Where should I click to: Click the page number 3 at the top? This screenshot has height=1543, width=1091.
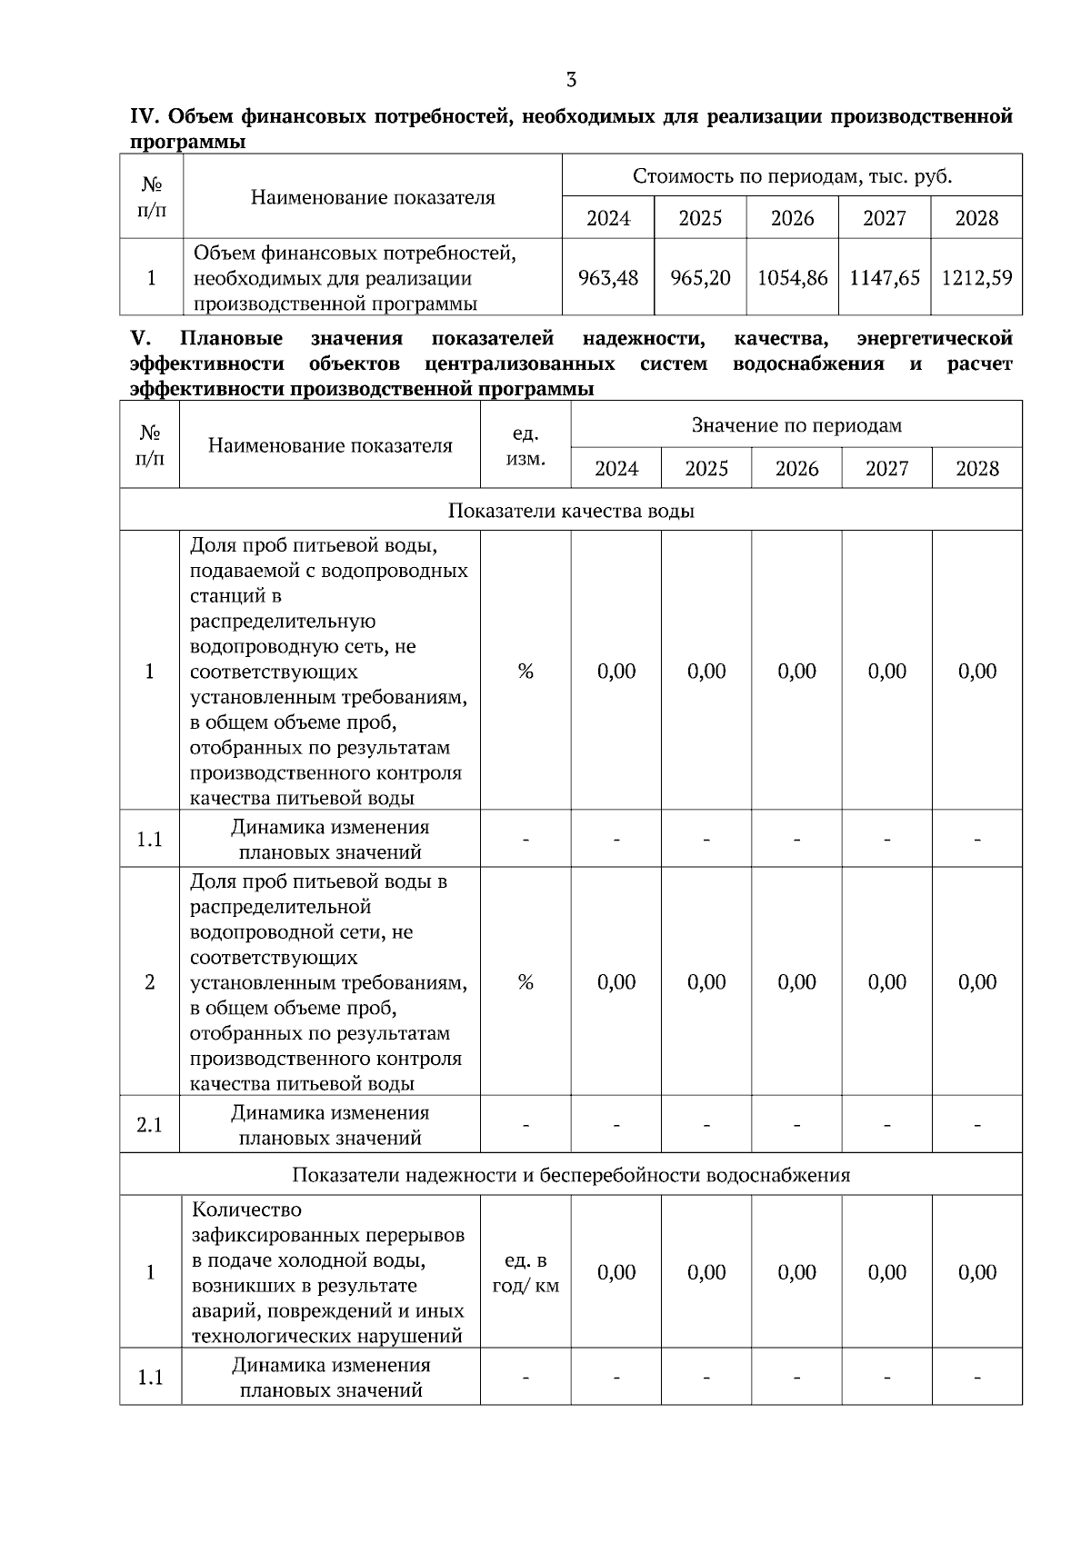(571, 80)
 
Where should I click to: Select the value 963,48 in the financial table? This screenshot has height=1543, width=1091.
(608, 278)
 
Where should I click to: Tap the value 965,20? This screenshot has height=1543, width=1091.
(700, 278)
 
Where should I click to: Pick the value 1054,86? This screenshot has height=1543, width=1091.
(792, 278)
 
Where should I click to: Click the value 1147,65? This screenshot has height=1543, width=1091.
(885, 278)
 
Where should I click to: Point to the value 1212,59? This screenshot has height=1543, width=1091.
(976, 278)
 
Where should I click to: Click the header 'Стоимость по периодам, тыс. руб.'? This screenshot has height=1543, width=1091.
(792, 176)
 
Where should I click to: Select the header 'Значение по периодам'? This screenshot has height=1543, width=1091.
(796, 425)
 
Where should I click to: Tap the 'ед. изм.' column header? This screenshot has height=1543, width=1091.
(525, 446)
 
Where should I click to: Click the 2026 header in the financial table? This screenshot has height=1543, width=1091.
(792, 218)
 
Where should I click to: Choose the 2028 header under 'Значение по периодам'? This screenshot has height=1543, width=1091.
(977, 469)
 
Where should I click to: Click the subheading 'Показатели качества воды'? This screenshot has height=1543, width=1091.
(571, 511)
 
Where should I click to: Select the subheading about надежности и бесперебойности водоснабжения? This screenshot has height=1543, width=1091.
(571, 1175)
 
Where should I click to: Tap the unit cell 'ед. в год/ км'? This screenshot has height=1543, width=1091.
(525, 1272)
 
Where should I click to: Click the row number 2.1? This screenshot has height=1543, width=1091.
(149, 1125)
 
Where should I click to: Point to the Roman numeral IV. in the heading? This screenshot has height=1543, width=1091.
(145, 117)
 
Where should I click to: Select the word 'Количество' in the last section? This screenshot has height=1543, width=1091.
(246, 1210)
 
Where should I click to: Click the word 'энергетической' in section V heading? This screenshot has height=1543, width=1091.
(935, 339)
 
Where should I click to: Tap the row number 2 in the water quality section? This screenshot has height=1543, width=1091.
(149, 982)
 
